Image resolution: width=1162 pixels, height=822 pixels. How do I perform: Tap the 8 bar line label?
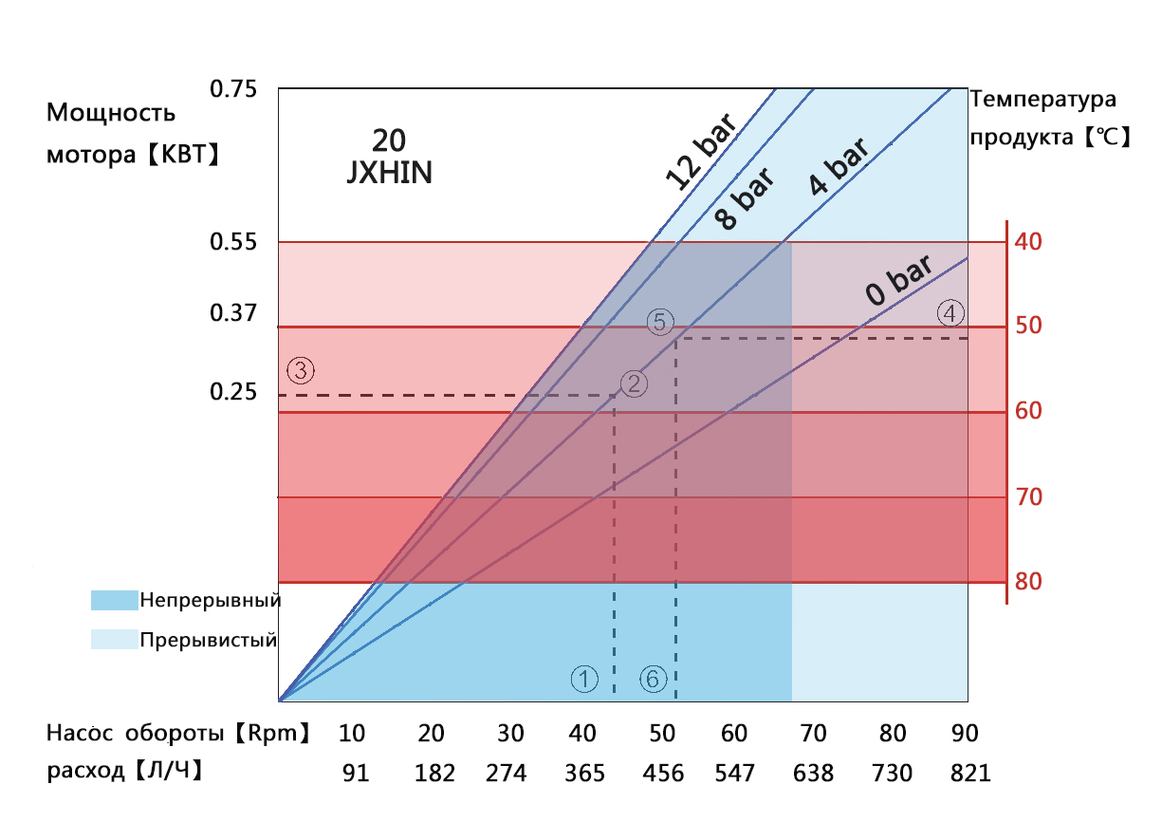(x=745, y=198)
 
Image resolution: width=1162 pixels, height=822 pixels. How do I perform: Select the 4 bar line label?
(x=839, y=167)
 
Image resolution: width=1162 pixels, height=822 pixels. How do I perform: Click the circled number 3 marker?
(x=300, y=370)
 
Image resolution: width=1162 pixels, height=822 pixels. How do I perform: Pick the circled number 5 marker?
(x=660, y=322)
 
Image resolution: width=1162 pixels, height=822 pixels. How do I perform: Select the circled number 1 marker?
(x=584, y=678)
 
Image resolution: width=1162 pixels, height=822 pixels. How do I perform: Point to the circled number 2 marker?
(x=634, y=383)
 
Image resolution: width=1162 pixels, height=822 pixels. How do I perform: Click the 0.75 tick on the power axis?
(x=233, y=90)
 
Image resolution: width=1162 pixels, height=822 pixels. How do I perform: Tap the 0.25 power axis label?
(x=233, y=391)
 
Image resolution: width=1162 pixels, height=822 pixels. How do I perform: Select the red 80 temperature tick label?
(x=1029, y=581)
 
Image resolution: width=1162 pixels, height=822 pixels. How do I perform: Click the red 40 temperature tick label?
(x=1029, y=241)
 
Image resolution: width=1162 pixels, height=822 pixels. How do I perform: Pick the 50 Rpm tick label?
(x=662, y=734)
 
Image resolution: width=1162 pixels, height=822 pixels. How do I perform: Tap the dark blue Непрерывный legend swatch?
(x=114, y=600)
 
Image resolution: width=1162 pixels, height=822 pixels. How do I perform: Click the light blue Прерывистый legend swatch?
(x=114, y=639)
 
